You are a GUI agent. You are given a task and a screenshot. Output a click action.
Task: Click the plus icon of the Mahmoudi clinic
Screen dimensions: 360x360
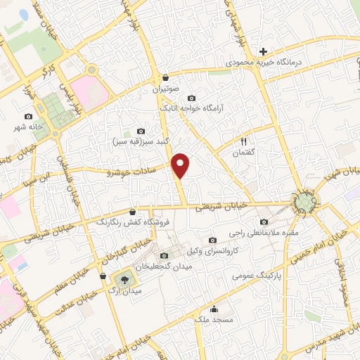(264, 51)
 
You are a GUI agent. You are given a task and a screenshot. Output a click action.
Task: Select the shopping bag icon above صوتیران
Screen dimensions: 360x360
(165, 78)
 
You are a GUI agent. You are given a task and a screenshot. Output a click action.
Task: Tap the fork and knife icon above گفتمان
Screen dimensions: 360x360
(244, 141)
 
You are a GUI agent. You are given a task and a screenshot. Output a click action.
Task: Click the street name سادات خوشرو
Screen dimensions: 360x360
(134, 169)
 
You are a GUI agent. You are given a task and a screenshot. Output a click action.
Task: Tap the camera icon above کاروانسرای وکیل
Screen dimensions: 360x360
(212, 240)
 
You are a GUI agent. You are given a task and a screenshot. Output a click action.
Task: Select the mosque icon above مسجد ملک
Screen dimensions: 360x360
(214, 309)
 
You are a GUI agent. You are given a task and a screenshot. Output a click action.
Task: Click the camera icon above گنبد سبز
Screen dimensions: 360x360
(141, 131)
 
